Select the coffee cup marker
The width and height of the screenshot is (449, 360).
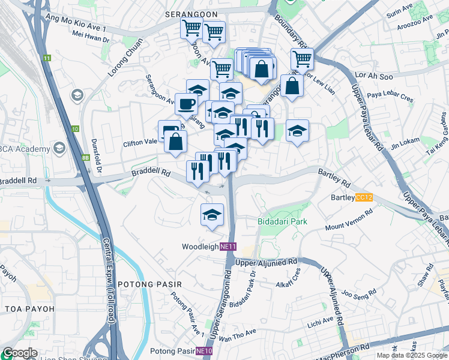pos(186,104)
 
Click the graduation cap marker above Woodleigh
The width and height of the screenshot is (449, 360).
pos(212,215)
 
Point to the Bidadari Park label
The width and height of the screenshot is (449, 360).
pos(283,221)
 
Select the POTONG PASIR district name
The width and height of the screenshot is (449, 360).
pos(144,284)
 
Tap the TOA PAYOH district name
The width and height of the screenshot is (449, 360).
pos(29,309)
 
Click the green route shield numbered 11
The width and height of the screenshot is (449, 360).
pos(47,58)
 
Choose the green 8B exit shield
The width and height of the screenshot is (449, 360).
pos(85,158)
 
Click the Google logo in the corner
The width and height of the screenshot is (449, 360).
pos(20,353)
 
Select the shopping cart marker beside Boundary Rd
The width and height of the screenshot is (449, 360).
pos(302,59)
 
